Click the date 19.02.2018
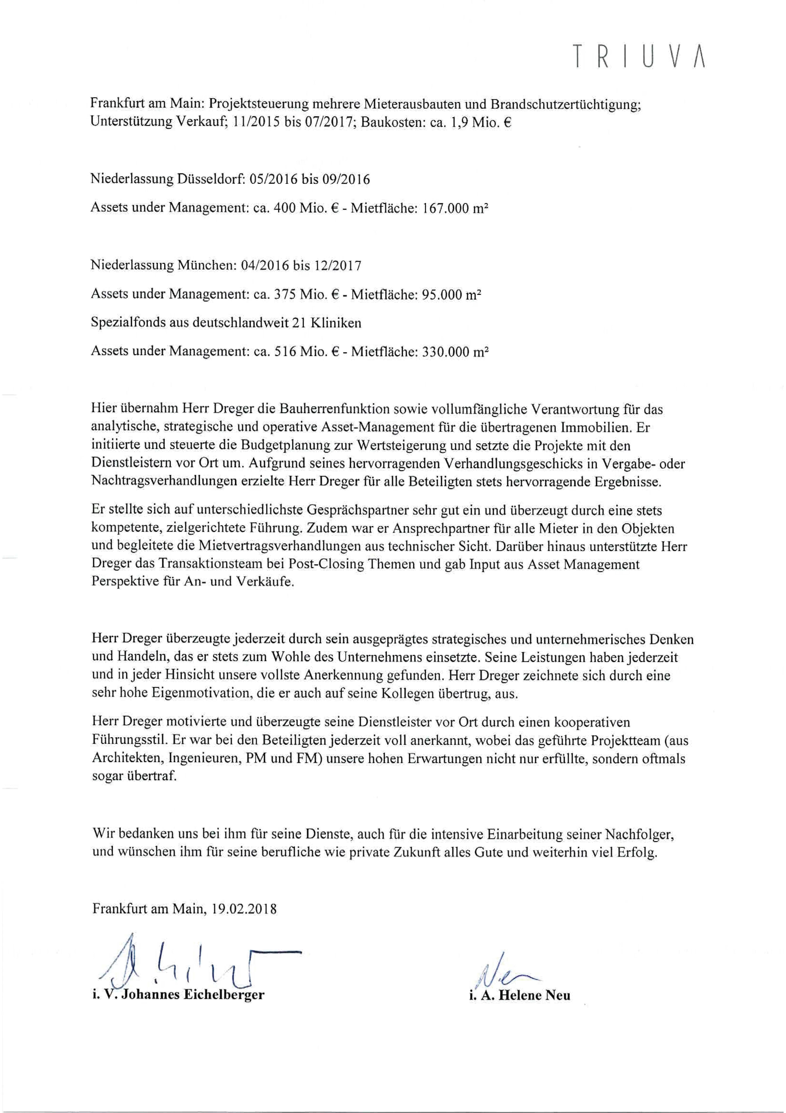(x=244, y=908)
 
